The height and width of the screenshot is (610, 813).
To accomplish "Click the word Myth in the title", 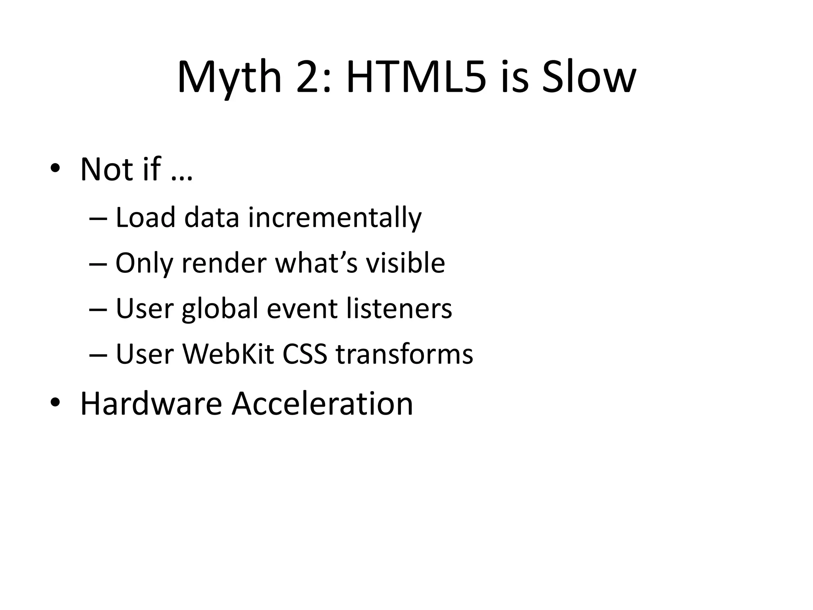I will [229, 78].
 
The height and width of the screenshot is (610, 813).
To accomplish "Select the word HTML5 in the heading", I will [416, 78].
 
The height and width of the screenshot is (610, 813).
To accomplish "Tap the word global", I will [220, 309].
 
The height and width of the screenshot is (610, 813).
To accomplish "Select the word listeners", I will [399, 309].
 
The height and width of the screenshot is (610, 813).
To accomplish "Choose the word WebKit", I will [228, 354].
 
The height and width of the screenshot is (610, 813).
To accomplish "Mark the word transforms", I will [405, 354].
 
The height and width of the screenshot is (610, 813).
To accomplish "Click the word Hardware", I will [151, 404].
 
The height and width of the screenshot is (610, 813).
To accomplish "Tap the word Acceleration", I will [322, 404].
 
